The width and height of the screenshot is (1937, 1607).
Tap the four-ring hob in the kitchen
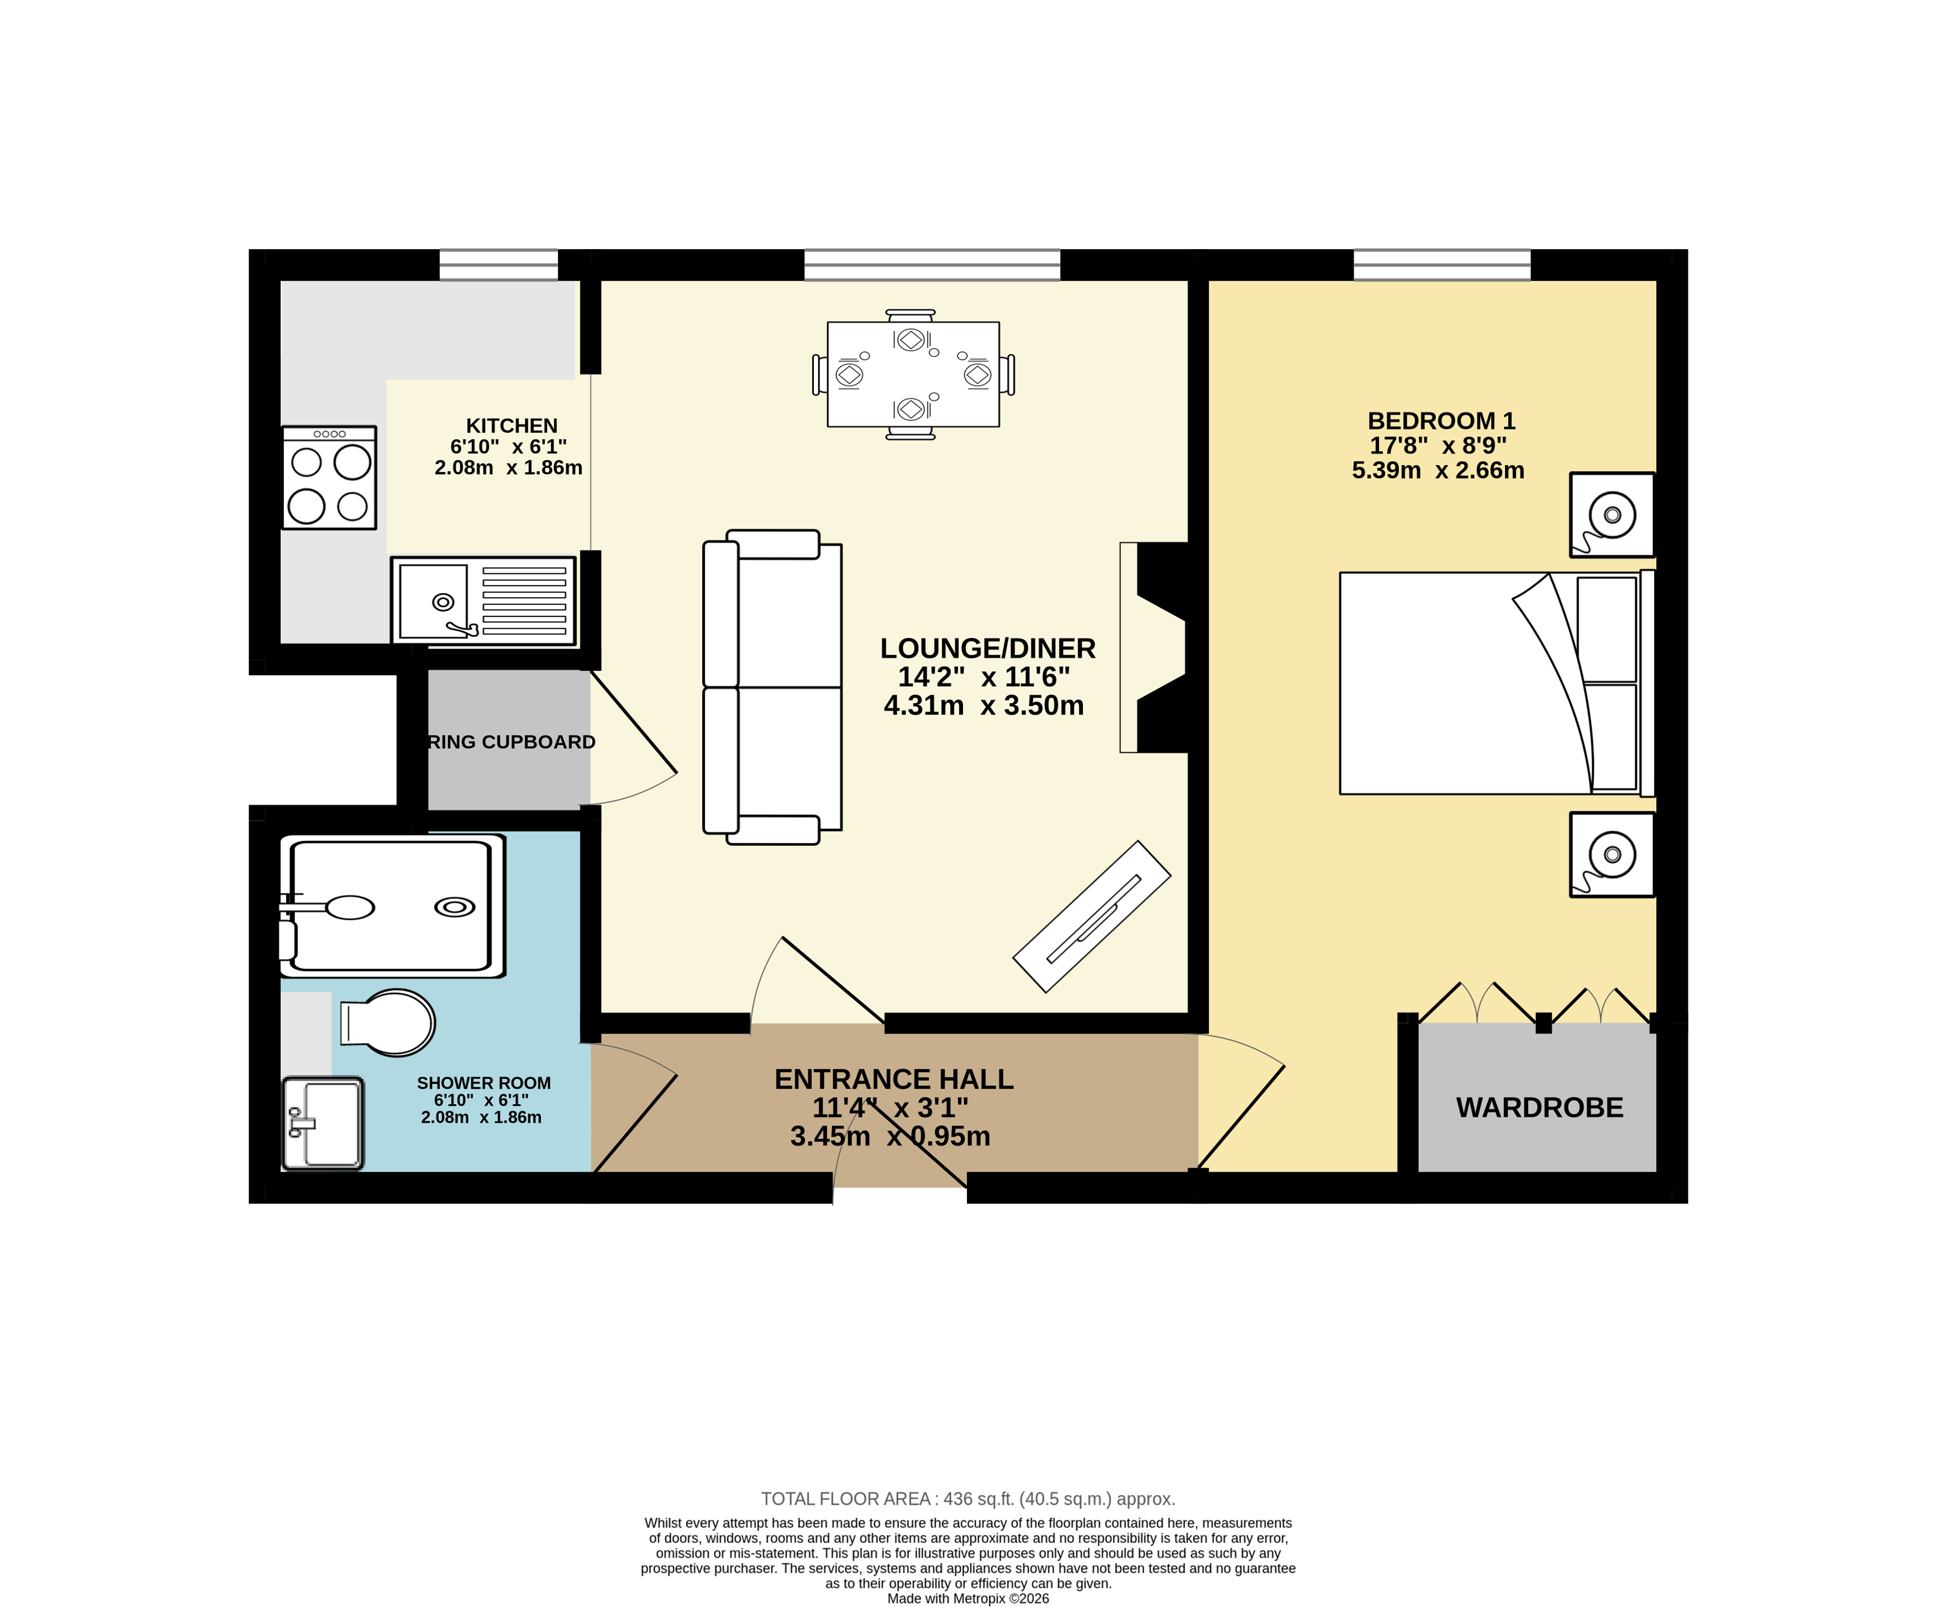point(329,478)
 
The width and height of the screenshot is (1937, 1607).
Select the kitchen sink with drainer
point(483,600)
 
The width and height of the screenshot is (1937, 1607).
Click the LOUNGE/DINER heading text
point(987,649)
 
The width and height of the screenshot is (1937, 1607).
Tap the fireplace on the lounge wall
point(1153,647)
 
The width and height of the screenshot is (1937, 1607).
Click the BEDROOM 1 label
point(1441,420)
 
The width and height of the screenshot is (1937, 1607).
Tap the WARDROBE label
point(1539,1107)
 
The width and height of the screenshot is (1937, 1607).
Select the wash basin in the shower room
point(323,1123)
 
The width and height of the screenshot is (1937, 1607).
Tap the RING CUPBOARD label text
point(512,742)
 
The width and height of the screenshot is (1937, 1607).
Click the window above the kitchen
point(498,265)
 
